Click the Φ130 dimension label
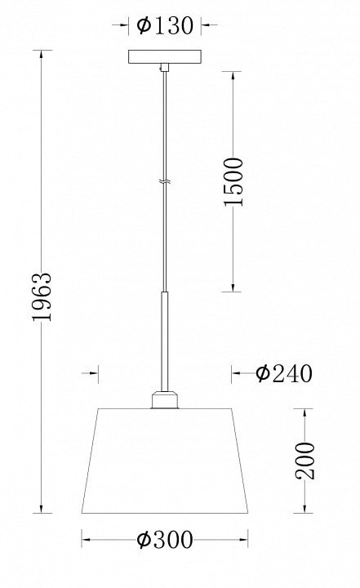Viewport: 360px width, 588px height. (x=165, y=25)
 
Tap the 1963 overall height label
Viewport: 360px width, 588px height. (x=42, y=296)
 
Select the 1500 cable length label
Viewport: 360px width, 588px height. (x=233, y=182)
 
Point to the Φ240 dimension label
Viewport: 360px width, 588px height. (x=284, y=373)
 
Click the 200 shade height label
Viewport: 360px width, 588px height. (x=304, y=461)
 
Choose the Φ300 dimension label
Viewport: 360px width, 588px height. (x=165, y=540)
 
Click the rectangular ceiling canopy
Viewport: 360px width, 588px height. (x=165, y=56)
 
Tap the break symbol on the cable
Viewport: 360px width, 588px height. (x=165, y=182)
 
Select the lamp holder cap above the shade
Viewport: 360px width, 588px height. (x=165, y=399)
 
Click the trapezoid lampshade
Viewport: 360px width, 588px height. (x=165, y=461)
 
